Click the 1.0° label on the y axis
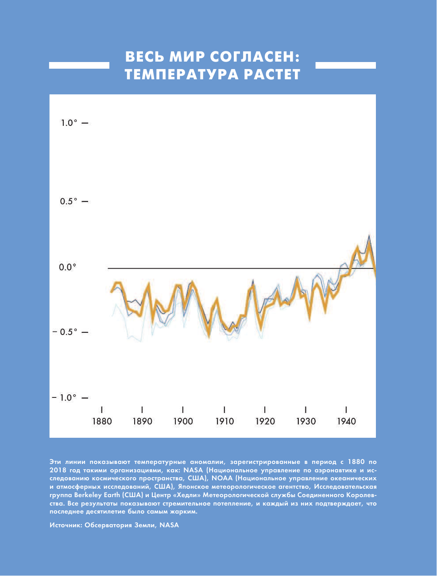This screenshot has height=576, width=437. [x=69, y=123]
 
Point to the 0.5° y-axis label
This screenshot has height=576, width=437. [x=69, y=202]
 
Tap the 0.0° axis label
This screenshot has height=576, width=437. [x=68, y=267]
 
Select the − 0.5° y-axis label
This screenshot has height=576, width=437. [x=64, y=332]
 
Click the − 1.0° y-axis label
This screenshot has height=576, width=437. [x=64, y=397]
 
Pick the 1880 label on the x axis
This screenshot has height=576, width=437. [x=102, y=421]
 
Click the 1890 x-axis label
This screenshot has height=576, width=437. [x=142, y=421]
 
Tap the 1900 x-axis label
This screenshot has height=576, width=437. [x=183, y=421]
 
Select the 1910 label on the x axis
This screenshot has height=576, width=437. [x=224, y=421]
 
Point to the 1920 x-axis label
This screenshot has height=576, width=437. [x=265, y=421]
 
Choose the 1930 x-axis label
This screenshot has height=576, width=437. [x=306, y=421]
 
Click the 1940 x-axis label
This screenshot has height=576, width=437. [x=346, y=421]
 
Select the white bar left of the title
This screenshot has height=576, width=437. [x=79, y=65]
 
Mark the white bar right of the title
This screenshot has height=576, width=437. [x=345, y=65]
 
